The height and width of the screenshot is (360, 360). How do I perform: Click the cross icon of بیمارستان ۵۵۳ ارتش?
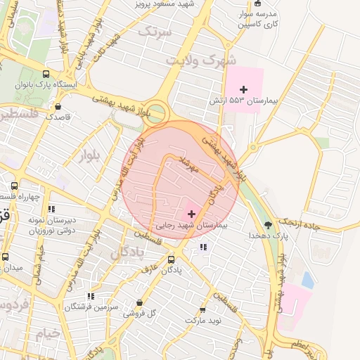click(x=243, y=89)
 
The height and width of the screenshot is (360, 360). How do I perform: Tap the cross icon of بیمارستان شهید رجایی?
click(x=191, y=213)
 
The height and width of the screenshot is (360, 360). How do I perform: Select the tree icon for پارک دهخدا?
click(x=268, y=225)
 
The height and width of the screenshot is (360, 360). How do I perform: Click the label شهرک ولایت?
click(x=199, y=60)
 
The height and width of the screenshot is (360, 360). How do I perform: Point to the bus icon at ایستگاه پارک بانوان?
click(x=46, y=75)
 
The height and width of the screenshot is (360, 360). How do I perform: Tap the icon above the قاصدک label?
click(x=57, y=106)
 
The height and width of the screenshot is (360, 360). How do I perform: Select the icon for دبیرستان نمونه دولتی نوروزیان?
click(x=51, y=209)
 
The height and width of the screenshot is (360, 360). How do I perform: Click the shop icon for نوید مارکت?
click(x=202, y=309)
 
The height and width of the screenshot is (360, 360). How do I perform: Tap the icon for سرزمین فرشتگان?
click(x=89, y=297)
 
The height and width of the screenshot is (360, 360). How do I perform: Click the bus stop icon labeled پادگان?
click(x=171, y=259)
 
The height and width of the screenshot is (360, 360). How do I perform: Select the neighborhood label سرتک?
click(x=155, y=32)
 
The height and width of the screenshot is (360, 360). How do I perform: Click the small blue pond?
click(x=307, y=279)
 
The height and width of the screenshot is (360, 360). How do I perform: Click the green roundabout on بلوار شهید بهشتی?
click(x=158, y=111)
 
